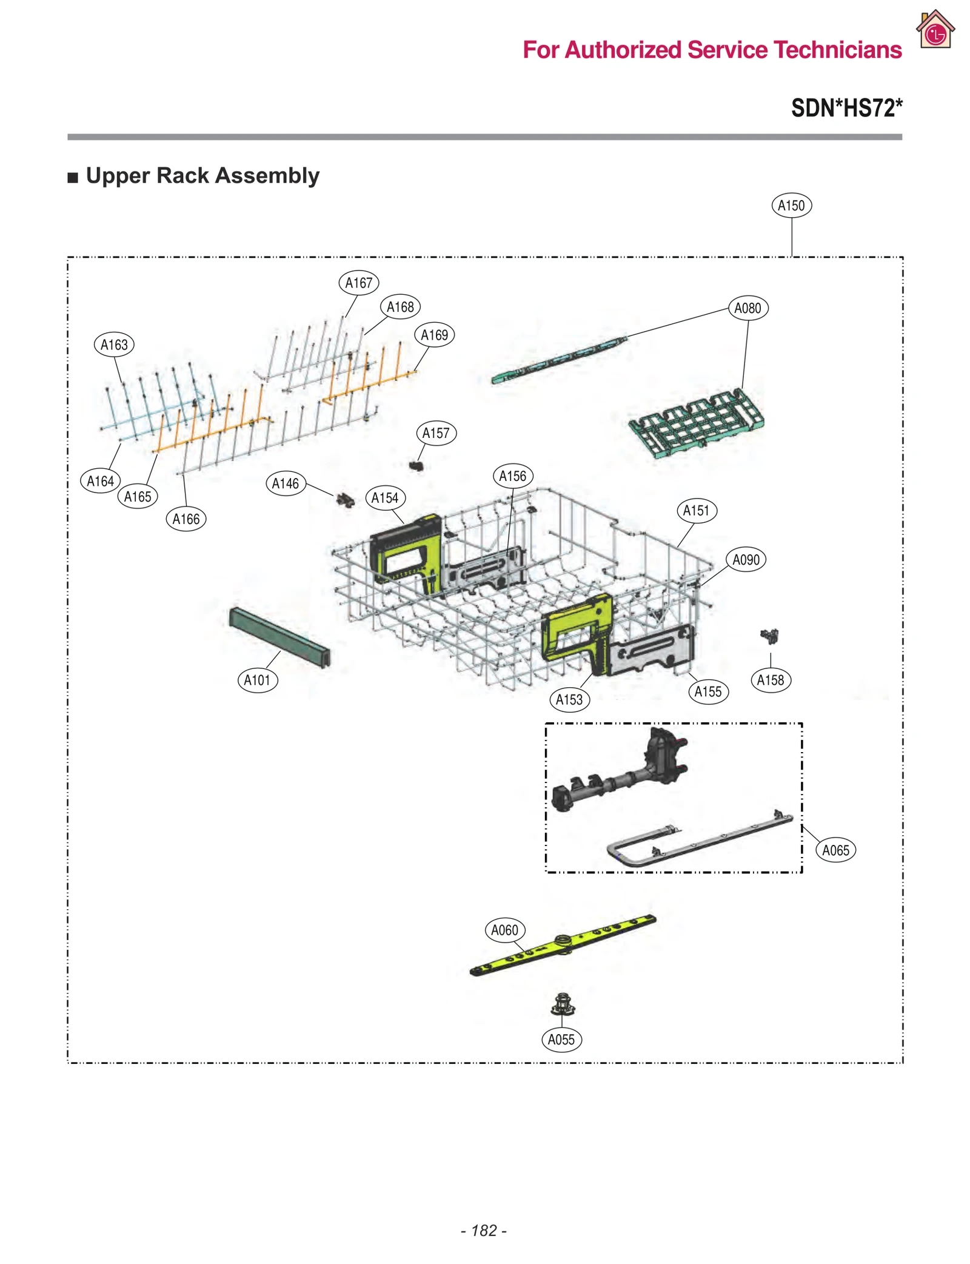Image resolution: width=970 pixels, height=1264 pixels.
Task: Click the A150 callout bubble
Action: tap(791, 206)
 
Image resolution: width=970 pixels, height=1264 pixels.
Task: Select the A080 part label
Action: tap(747, 308)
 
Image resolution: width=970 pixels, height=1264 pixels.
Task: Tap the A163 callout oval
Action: tap(114, 345)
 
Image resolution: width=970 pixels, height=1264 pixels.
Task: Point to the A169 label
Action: tap(434, 335)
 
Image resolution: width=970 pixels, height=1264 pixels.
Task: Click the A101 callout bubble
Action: tap(257, 680)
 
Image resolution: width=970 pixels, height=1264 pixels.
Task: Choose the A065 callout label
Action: tap(835, 850)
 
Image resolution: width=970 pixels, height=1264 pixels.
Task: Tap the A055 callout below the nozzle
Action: tap(561, 1040)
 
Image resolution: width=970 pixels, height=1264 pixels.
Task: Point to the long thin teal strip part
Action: tap(558, 359)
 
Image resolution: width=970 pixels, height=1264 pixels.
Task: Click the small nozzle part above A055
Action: tap(563, 1004)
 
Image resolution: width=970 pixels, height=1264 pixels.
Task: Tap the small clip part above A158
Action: tap(769, 636)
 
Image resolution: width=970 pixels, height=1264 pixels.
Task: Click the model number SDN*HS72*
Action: tap(846, 108)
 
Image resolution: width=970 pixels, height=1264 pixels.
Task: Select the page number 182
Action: tap(484, 1230)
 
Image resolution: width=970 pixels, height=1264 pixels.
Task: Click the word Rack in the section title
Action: tap(183, 175)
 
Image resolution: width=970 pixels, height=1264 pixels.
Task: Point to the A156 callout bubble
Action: tap(512, 476)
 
